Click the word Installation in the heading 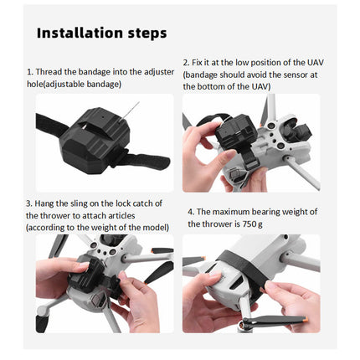(x=80, y=33)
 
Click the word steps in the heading (x=147, y=33)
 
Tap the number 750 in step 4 (x=248, y=224)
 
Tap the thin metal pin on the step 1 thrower (x=129, y=111)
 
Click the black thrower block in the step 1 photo (x=96, y=138)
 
